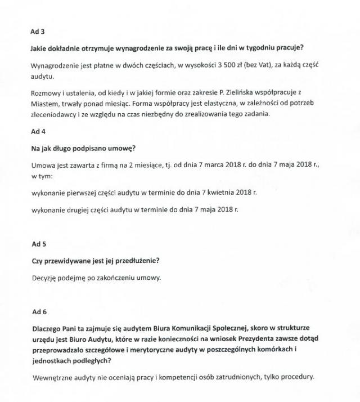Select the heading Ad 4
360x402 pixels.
coord(37,131)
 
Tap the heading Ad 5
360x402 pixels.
coord(37,244)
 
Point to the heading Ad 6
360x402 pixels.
coord(37,312)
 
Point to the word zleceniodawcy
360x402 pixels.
coord(56,115)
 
